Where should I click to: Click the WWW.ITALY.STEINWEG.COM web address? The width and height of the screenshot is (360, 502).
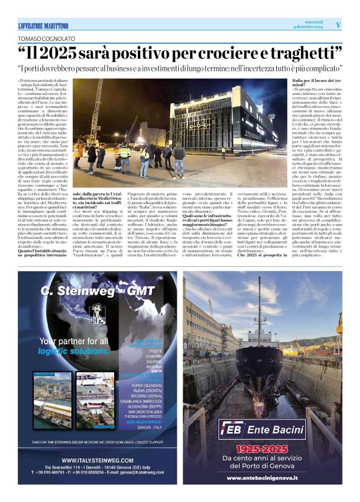[x=99, y=460]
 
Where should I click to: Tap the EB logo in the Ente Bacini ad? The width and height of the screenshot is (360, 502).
[x=232, y=429]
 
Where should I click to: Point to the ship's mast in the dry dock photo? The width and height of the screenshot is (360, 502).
[x=259, y=310]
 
